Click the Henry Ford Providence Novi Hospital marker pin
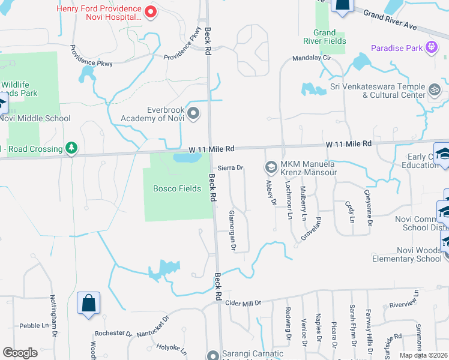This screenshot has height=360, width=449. pos(151,11)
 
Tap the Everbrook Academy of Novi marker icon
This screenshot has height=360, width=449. pos(193,113)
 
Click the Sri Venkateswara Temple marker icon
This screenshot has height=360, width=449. pos(435,90)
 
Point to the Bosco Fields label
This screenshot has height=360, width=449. pos(177,188)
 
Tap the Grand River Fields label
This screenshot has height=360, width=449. pos(329,37)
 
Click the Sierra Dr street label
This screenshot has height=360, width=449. pos(230,168)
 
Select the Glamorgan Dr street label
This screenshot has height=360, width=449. pos(232,230)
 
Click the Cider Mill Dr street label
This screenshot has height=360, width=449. pos(244,304)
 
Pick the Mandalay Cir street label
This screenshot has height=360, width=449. pos(312,58)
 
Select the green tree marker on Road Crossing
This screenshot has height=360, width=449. pos(71,148)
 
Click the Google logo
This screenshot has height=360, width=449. pos(20,352)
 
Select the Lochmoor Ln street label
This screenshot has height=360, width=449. pos(289,200)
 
